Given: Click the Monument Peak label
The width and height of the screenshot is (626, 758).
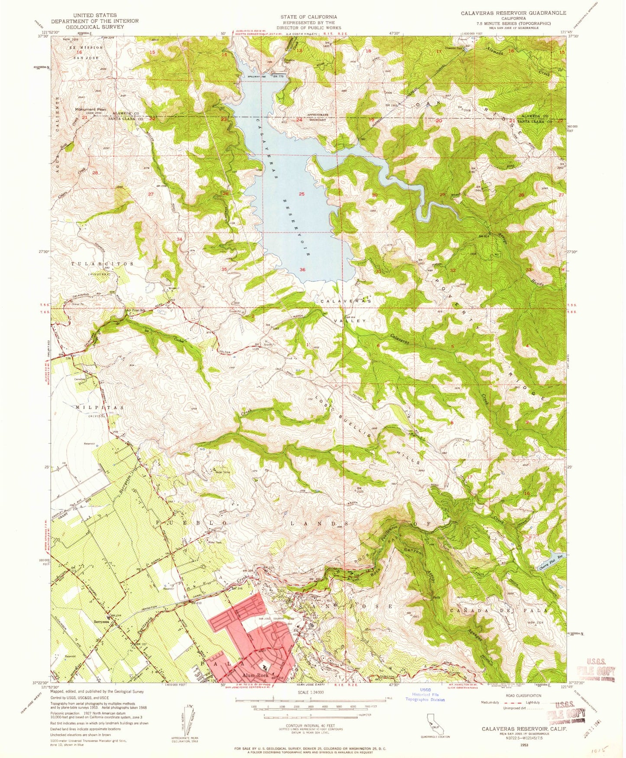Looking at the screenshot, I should [90, 110].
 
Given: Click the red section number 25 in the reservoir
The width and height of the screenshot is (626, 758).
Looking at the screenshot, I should [302, 194].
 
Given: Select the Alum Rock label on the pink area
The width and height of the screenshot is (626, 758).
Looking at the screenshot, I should [255, 675].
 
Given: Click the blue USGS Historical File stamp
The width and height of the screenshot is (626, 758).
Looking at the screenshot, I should [425, 694].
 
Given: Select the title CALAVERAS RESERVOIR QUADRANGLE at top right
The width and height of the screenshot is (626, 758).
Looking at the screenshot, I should [513, 13].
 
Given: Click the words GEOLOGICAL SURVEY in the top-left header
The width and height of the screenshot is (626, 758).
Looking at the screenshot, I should [88, 26].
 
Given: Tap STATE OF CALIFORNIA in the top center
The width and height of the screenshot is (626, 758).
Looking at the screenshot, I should [308, 17].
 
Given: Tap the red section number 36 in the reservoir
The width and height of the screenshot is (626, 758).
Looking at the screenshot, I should [302, 270].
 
